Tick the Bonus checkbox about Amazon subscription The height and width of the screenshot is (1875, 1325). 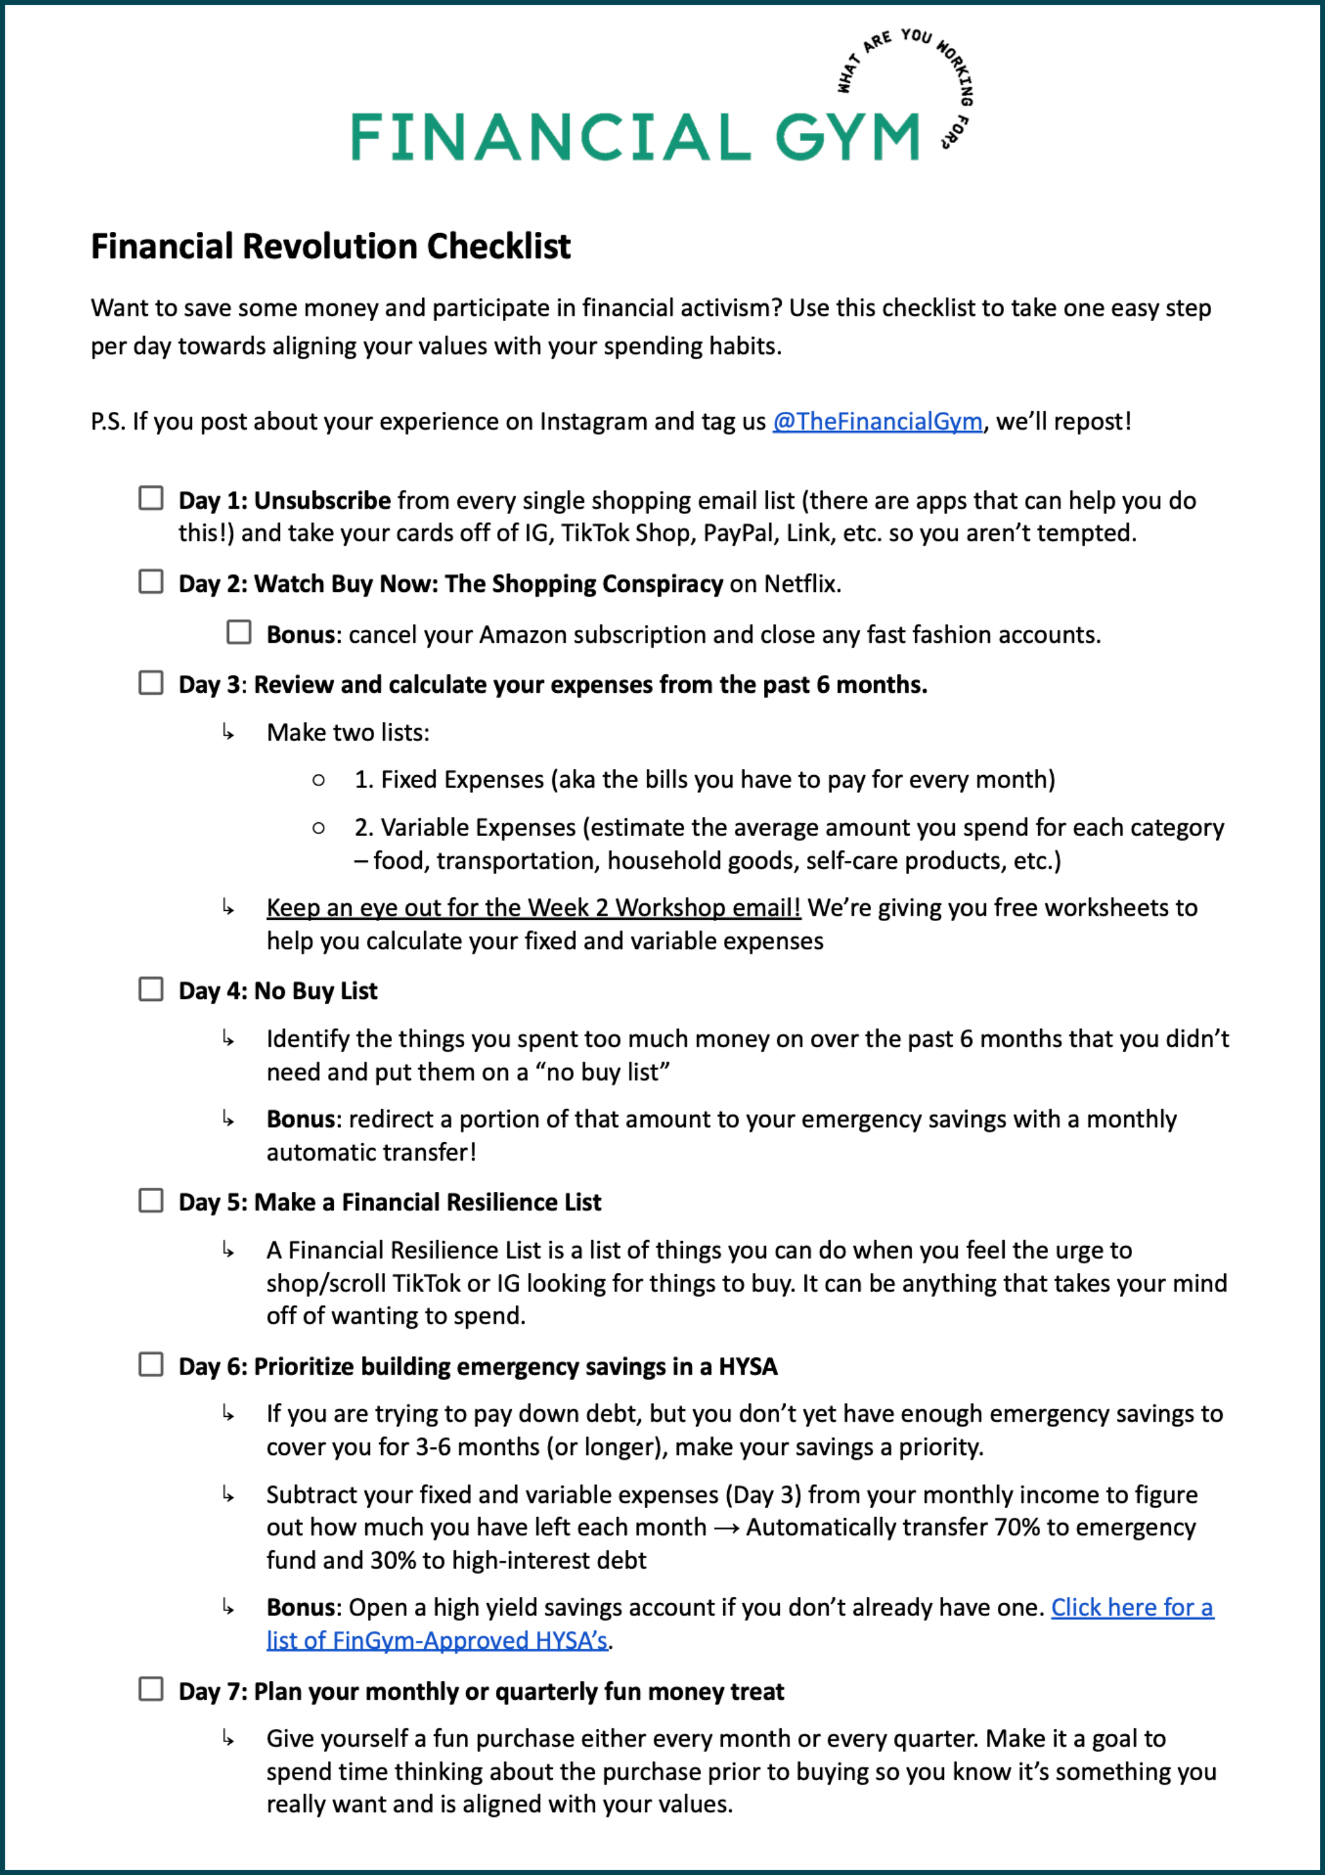(x=239, y=632)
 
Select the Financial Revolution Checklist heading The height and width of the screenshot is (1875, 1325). (x=331, y=246)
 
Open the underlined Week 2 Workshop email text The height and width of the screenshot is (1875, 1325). (x=533, y=907)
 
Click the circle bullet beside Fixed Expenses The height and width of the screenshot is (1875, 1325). (x=318, y=780)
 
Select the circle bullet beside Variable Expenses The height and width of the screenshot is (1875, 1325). (x=318, y=828)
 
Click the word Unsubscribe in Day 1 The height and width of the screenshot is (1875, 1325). (x=322, y=500)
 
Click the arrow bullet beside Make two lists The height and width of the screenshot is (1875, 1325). (x=228, y=732)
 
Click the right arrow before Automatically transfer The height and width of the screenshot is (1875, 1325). (x=726, y=1528)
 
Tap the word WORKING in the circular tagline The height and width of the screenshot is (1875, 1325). (x=958, y=73)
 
